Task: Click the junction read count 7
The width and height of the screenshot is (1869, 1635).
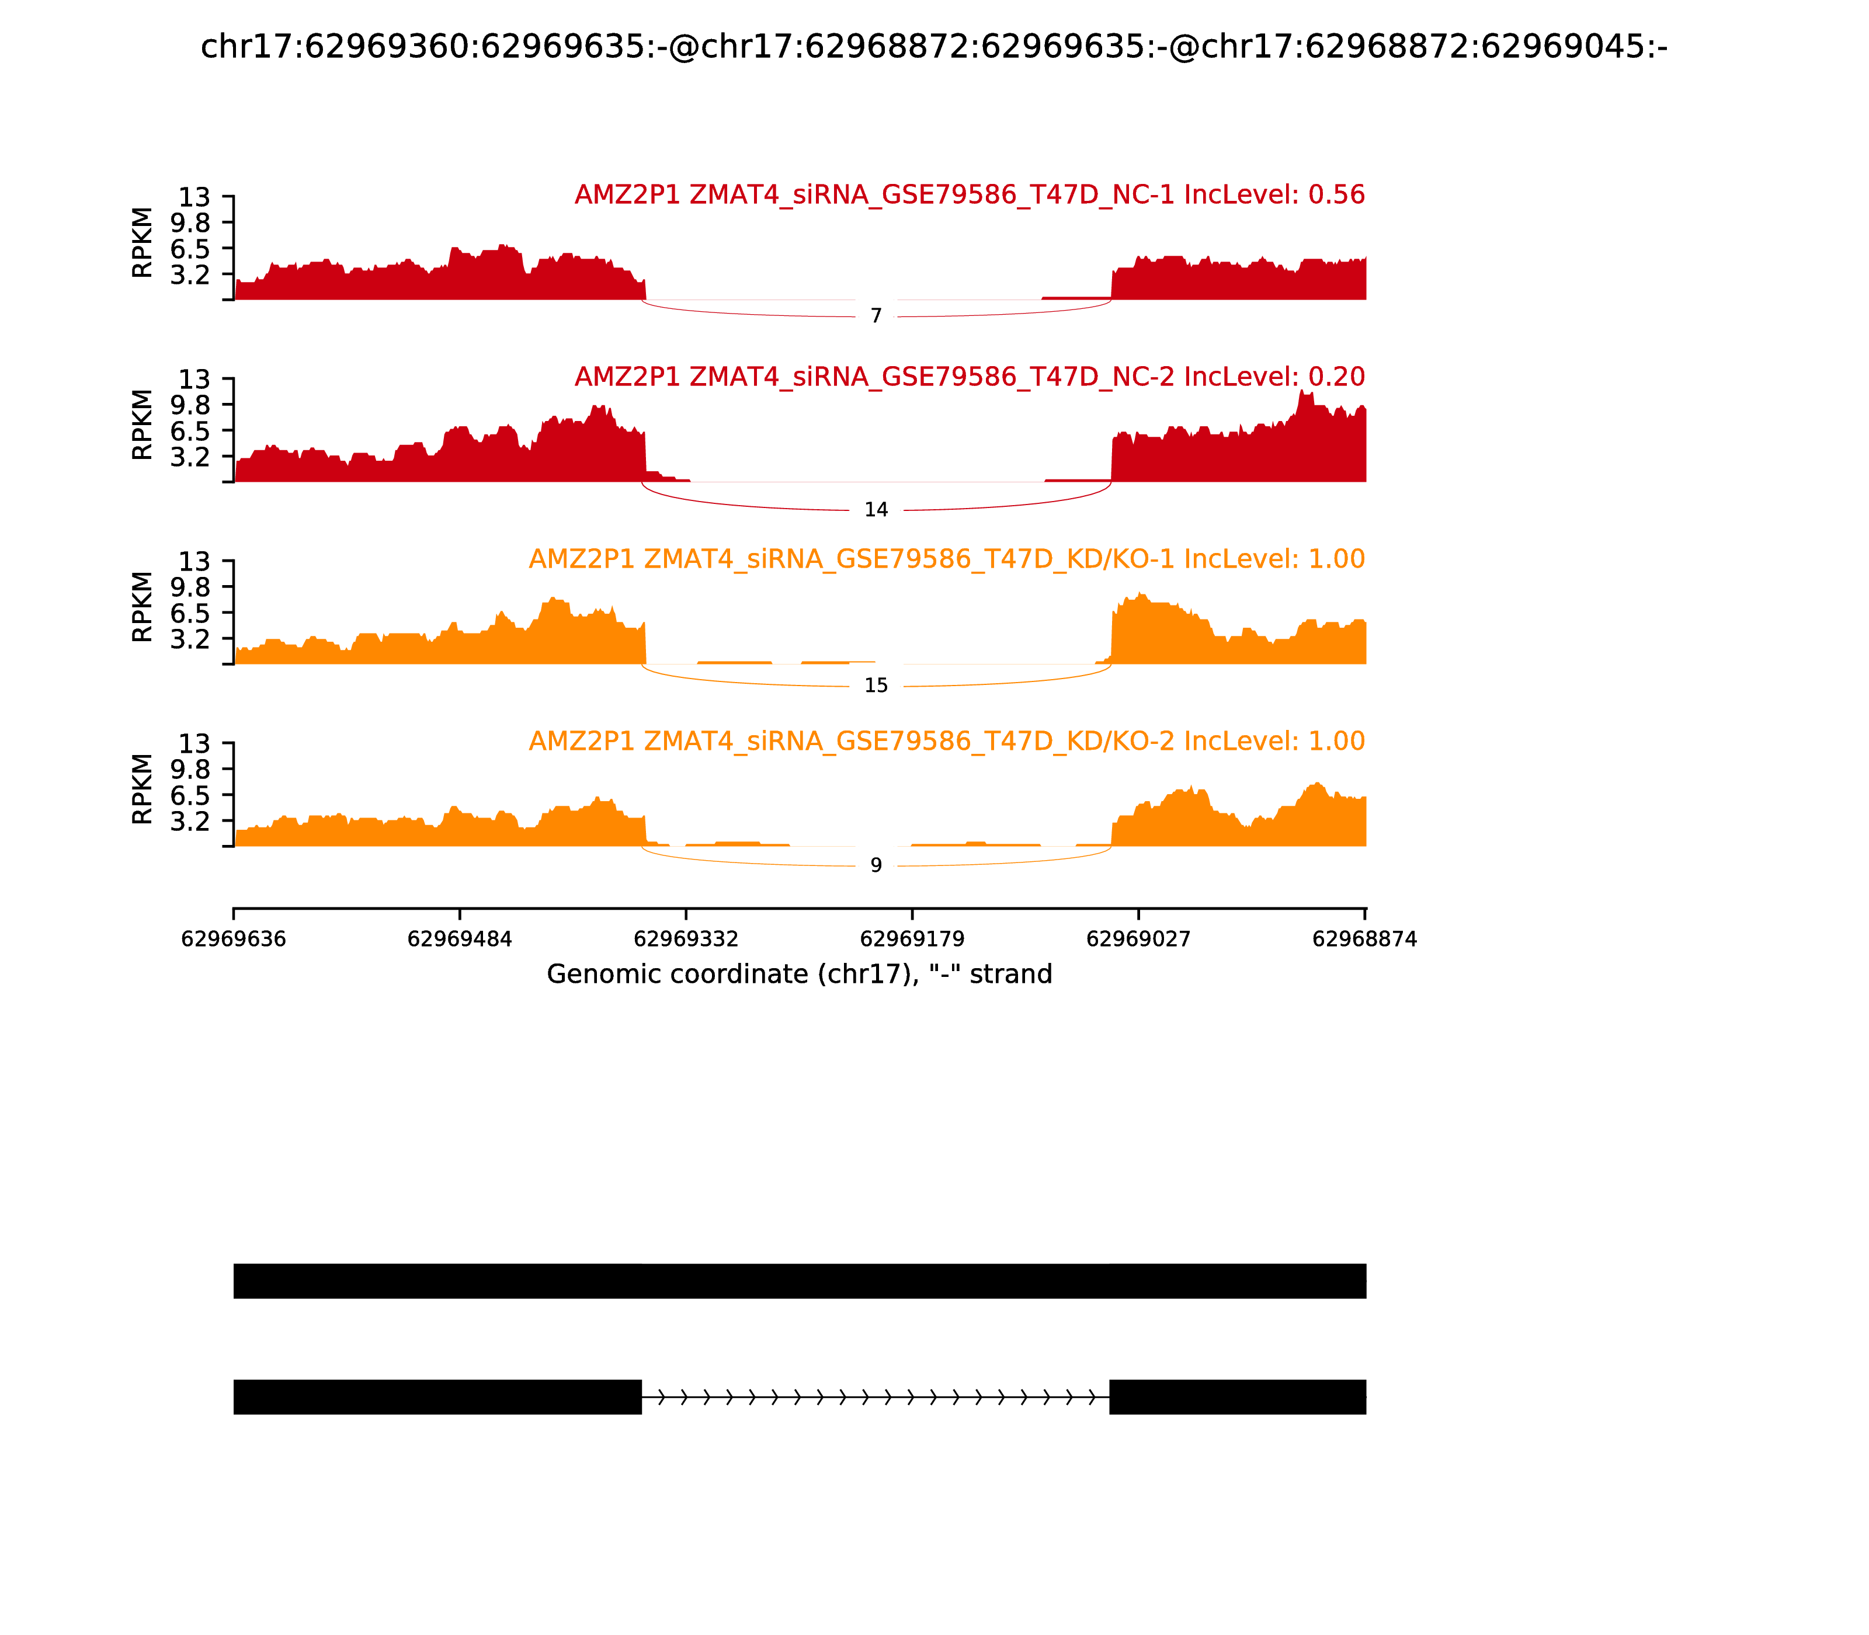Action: click(876, 316)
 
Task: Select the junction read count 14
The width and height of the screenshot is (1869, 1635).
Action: click(876, 510)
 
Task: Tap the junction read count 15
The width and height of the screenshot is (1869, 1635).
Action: click(876, 686)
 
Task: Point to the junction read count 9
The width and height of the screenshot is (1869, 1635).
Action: click(876, 866)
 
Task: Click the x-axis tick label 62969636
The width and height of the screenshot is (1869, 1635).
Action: click(234, 940)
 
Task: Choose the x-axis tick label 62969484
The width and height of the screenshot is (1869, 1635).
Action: click(460, 940)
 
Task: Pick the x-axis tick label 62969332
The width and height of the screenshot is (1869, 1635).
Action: click(686, 940)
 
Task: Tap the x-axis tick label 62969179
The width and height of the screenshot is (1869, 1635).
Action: click(912, 940)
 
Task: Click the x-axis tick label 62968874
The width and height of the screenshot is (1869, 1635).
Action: click(1364, 940)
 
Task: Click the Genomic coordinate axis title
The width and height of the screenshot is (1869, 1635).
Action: click(800, 975)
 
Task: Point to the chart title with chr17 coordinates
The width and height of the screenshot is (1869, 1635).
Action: click(933, 47)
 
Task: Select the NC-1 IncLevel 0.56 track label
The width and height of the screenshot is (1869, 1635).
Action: click(969, 195)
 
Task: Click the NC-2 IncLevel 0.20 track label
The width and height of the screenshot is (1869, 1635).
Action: click(969, 377)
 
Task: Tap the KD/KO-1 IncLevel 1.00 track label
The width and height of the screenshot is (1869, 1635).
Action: click(946, 559)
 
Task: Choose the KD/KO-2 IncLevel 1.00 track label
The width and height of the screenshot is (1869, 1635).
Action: click(946, 741)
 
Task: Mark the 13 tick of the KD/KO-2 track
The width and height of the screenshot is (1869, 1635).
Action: click(193, 743)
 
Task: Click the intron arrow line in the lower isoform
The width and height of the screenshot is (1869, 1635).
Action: click(876, 1397)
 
